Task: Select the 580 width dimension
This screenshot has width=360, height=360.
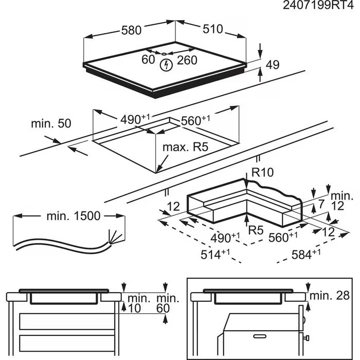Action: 131,30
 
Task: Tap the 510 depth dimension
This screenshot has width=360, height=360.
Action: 212,29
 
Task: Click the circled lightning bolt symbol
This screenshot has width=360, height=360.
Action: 166,65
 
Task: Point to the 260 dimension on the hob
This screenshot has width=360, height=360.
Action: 187,60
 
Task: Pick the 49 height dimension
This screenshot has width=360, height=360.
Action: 273,64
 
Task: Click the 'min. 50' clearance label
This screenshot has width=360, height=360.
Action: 51,123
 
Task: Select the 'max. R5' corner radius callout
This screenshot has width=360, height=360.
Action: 185,148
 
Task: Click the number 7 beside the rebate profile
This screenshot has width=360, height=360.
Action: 321,205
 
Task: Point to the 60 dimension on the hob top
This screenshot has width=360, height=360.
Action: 148,60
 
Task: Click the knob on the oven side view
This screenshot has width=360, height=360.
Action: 307,338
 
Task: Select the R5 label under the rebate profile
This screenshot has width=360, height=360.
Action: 256,229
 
